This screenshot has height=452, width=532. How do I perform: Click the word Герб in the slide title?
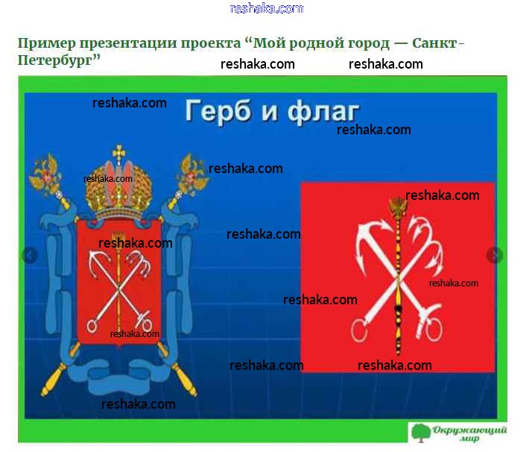coord(218,111)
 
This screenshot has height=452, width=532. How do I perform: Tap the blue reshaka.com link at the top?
coord(266,8)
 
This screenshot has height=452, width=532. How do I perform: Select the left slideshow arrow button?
coord(30,255)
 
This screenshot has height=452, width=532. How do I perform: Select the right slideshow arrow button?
coord(494,255)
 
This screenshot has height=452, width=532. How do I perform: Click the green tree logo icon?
coord(421,433)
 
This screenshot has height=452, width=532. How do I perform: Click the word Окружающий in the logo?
coord(469,430)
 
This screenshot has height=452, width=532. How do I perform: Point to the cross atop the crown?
coord(118,152)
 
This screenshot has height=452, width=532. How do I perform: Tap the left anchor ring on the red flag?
coord(359,330)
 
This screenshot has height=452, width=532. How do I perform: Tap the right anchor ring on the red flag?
coord(434,330)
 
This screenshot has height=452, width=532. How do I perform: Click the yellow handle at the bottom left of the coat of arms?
coord(54,380)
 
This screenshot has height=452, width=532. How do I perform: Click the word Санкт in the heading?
coord(434,44)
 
